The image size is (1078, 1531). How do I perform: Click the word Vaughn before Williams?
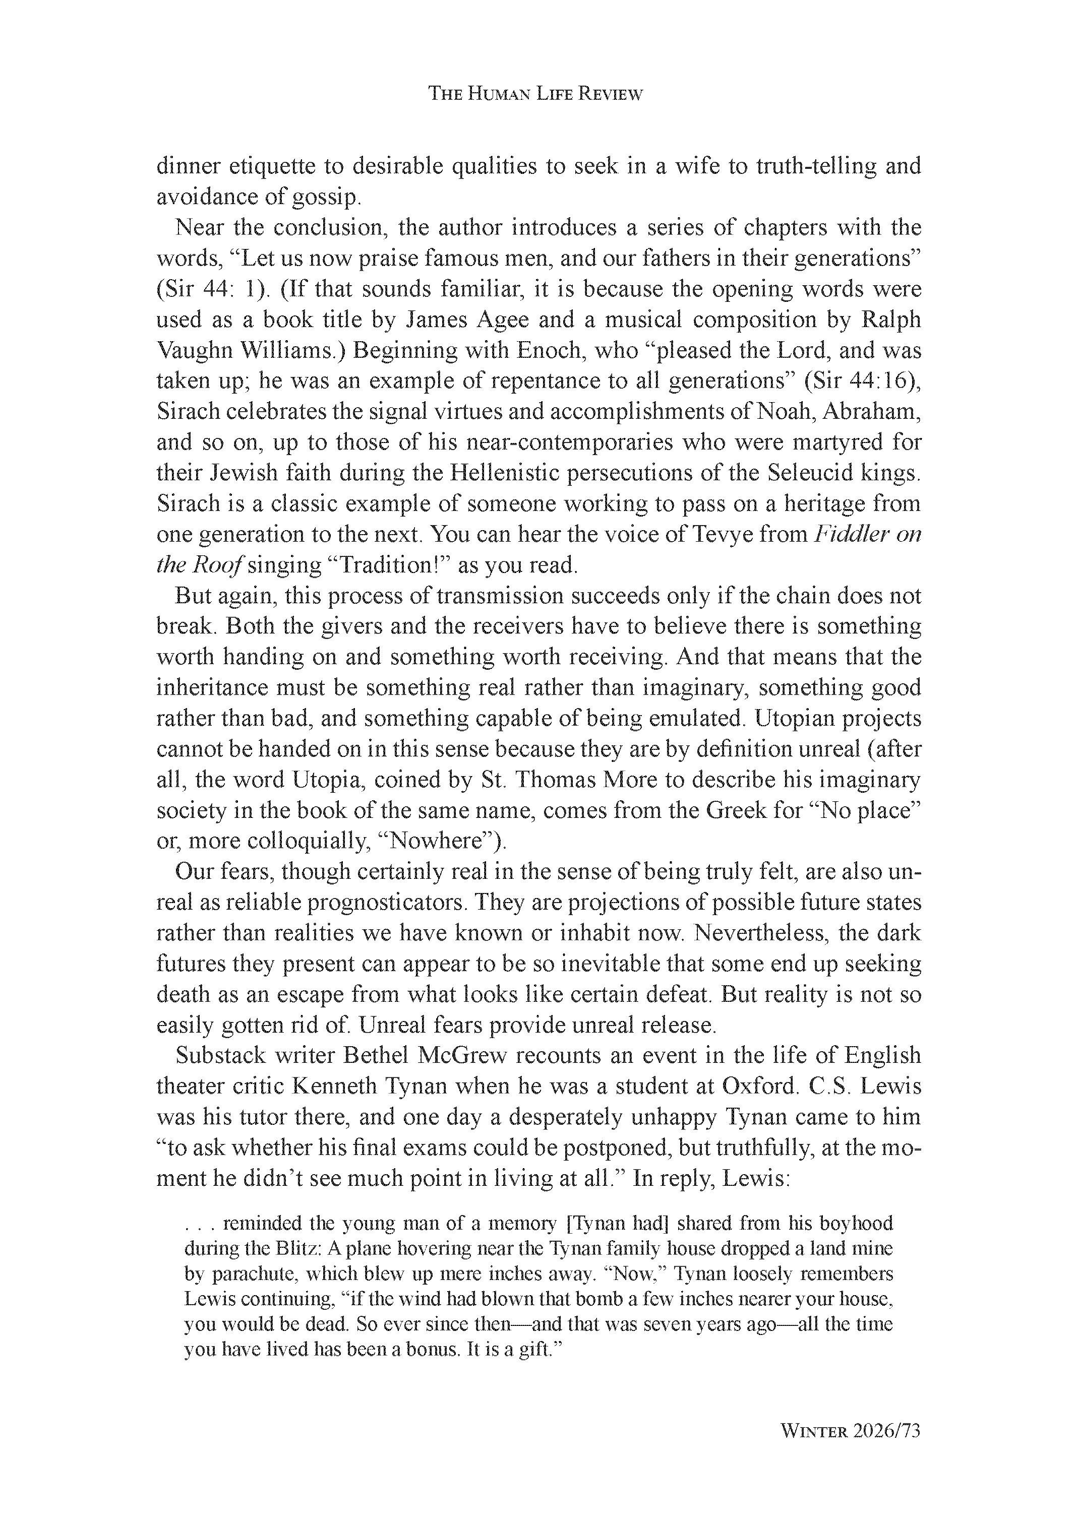(x=189, y=350)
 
